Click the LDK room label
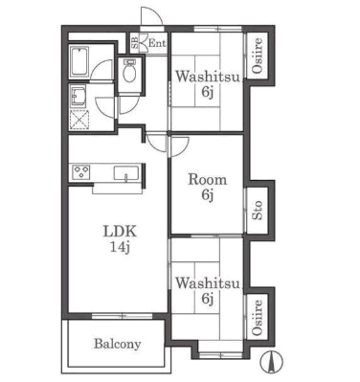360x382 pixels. point(120,232)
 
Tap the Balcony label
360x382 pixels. point(118,345)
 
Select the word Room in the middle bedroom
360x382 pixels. point(208,180)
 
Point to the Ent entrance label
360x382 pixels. point(158,43)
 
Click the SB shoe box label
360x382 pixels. point(135,43)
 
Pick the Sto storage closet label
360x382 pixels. point(258,211)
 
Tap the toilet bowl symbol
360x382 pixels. point(129,73)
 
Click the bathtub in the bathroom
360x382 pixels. point(79,61)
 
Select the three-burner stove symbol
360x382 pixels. point(81,172)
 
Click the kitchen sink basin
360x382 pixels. point(126,174)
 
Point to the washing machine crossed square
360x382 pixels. point(79,120)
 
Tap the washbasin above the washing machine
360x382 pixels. point(79,95)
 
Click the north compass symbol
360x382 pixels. point(271,362)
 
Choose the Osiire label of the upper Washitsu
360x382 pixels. point(258,55)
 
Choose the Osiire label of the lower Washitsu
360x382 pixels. point(258,317)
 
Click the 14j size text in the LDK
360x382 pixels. point(120,247)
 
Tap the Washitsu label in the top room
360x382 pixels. point(208,77)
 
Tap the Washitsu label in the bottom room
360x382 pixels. point(208,283)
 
